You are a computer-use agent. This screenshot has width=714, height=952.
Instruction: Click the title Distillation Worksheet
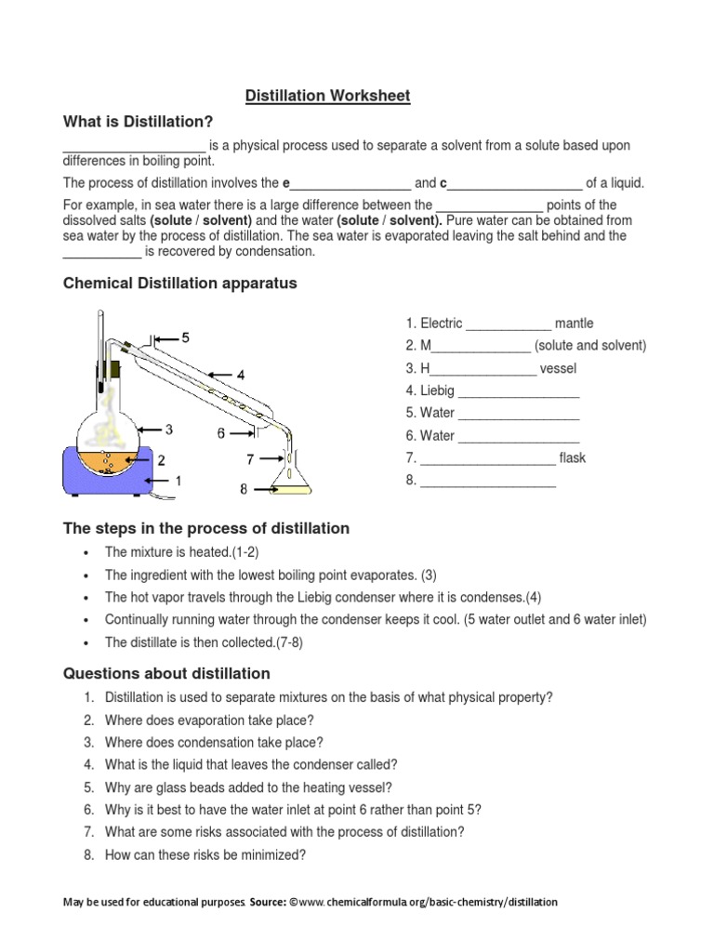pyautogui.click(x=327, y=96)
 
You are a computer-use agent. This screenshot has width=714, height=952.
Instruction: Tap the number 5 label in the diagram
pyautogui.click(x=186, y=337)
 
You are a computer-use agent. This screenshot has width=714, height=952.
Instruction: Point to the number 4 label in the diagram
pyautogui.click(x=240, y=375)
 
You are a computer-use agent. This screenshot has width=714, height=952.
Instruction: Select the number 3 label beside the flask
pyautogui.click(x=169, y=430)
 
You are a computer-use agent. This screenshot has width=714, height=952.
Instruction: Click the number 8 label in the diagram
pyautogui.click(x=244, y=488)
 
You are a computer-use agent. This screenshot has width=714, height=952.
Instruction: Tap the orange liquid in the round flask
pyautogui.click(x=108, y=460)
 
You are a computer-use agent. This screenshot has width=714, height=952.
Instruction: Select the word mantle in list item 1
pyautogui.click(x=574, y=324)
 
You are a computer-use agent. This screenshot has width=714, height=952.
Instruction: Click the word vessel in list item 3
pyautogui.click(x=558, y=368)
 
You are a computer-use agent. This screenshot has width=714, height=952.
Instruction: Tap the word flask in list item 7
pyautogui.click(x=573, y=457)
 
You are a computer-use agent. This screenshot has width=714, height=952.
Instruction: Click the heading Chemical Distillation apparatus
pyautogui.click(x=179, y=284)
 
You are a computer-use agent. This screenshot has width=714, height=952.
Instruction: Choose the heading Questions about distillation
pyautogui.click(x=166, y=673)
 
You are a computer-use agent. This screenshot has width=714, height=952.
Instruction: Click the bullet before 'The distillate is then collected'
pyautogui.click(x=86, y=642)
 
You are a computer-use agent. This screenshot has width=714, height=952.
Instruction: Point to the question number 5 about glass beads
pyautogui.click(x=88, y=787)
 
